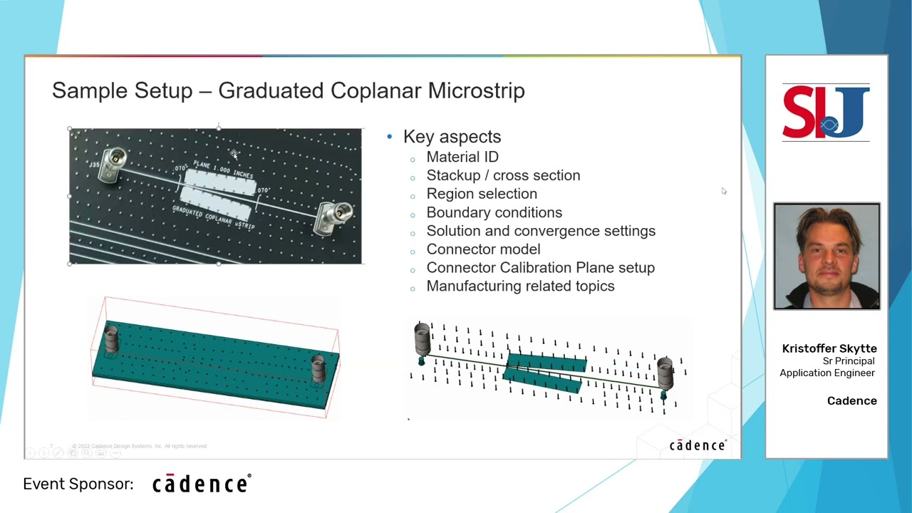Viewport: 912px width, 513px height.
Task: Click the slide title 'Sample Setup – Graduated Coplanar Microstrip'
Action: pyautogui.click(x=288, y=91)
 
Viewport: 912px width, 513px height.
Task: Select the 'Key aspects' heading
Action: pyautogui.click(x=452, y=137)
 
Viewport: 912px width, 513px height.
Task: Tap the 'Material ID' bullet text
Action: pyautogui.click(x=462, y=157)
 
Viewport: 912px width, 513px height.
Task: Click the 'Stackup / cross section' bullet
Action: pyautogui.click(x=502, y=175)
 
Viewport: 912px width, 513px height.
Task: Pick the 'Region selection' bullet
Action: pyautogui.click(x=481, y=194)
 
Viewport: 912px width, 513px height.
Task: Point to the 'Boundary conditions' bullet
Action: pyautogui.click(x=494, y=212)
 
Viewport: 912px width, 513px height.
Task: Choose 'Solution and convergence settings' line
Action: pyautogui.click(x=540, y=231)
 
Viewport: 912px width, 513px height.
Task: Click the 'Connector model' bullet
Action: pyautogui.click(x=482, y=249)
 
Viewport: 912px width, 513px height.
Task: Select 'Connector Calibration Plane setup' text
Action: pyautogui.click(x=540, y=268)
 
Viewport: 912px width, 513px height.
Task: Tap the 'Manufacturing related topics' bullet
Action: pyautogui.click(x=519, y=286)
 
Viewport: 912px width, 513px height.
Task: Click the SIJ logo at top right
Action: pyautogui.click(x=826, y=113)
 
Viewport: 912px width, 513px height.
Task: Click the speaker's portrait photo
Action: pyautogui.click(x=826, y=256)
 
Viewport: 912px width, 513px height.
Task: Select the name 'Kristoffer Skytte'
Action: pyautogui.click(x=829, y=348)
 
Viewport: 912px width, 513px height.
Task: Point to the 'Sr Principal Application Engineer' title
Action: pyautogui.click(x=828, y=367)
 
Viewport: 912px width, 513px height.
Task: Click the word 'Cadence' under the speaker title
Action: pyautogui.click(x=851, y=401)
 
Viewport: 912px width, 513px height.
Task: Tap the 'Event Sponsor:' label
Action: pyautogui.click(x=78, y=484)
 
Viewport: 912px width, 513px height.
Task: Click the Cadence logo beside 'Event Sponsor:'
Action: pyautogui.click(x=201, y=484)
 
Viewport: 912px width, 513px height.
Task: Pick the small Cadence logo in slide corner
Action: pyautogui.click(x=697, y=445)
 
